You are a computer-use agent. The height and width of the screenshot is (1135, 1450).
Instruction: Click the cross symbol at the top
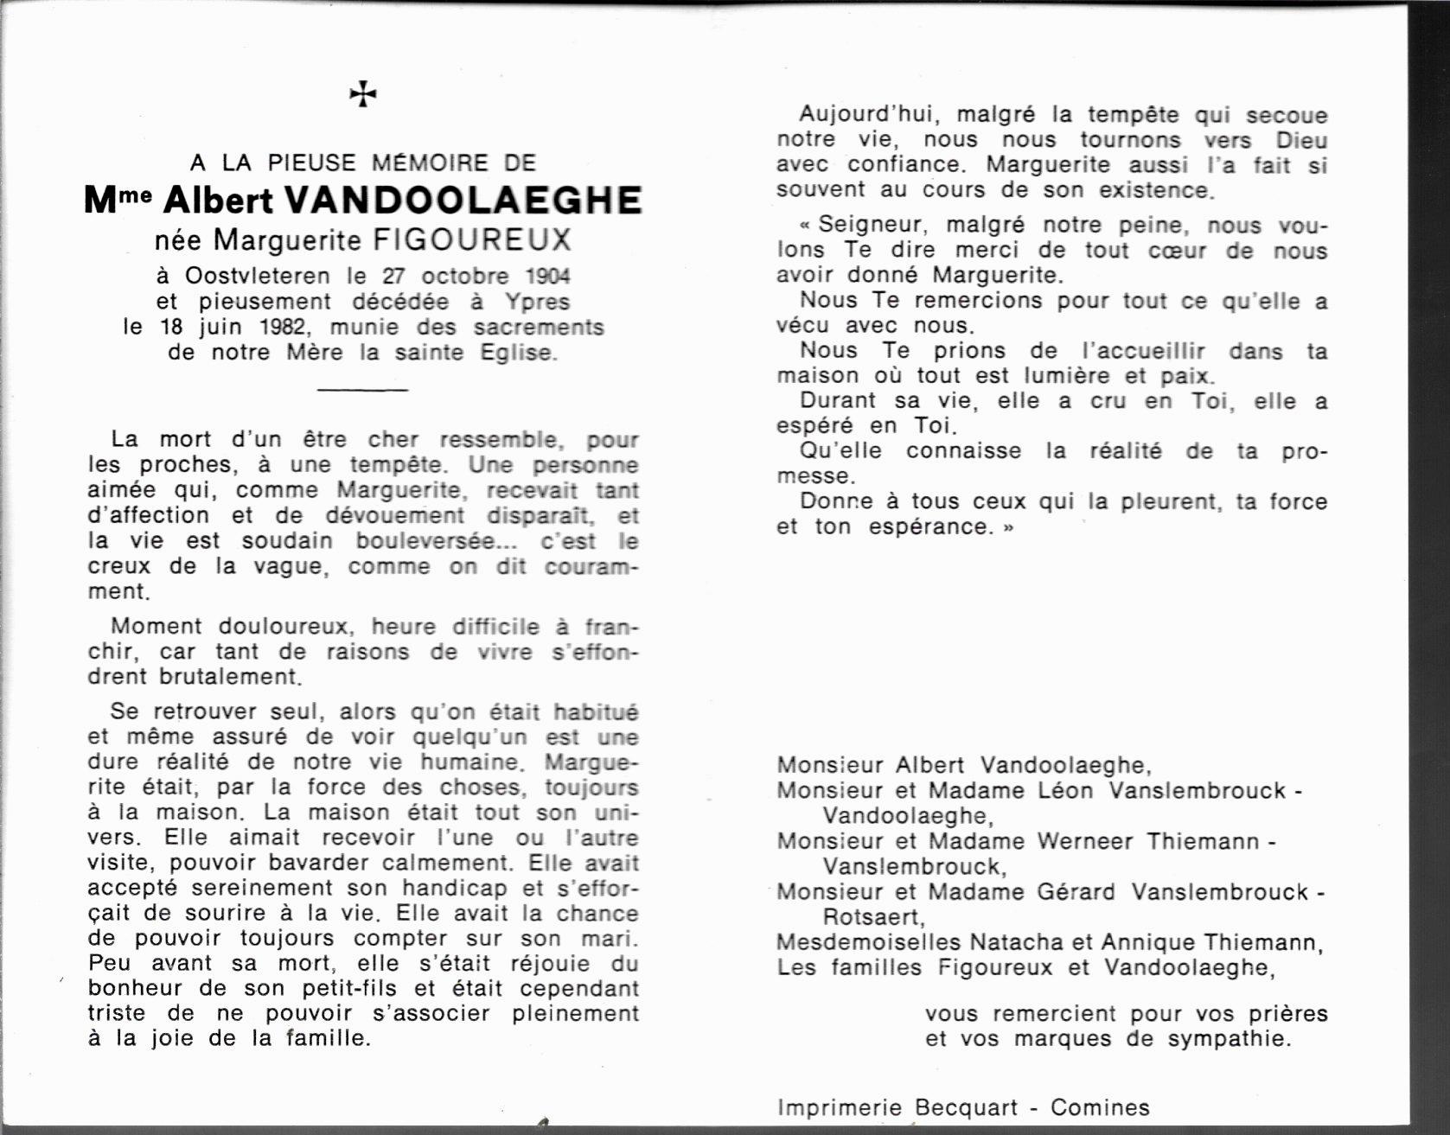(363, 94)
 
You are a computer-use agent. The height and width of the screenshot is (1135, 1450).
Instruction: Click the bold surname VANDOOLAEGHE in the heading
(463, 201)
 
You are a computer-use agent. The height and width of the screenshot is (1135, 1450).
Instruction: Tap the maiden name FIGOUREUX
(472, 239)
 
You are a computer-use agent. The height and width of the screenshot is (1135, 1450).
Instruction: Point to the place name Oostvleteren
(257, 277)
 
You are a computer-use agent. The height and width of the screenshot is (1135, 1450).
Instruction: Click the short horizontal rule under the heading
(362, 390)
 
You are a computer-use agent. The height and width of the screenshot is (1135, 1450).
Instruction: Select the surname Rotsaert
(872, 917)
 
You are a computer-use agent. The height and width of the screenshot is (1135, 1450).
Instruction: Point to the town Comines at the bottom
(1100, 1108)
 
